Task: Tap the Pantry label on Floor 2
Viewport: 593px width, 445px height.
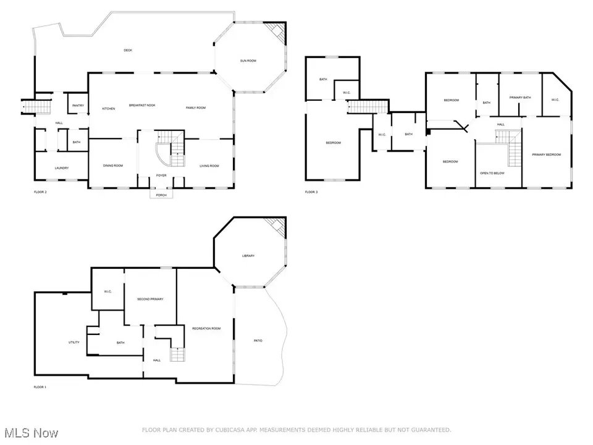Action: (x=78, y=106)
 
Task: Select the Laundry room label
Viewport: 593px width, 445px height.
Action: (x=61, y=167)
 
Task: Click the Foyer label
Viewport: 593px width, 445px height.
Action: (x=161, y=175)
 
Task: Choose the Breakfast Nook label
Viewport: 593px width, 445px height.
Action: (x=142, y=106)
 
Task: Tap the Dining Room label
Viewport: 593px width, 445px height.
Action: (x=113, y=165)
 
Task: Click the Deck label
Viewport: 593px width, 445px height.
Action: (x=128, y=50)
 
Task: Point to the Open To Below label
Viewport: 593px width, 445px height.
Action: (x=492, y=173)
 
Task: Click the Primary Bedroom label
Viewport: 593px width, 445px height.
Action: (x=546, y=155)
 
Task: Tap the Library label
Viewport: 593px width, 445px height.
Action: (x=248, y=256)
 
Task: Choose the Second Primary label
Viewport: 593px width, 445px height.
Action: (x=150, y=299)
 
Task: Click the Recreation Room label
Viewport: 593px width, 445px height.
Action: (x=206, y=328)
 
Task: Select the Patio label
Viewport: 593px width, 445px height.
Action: (x=258, y=340)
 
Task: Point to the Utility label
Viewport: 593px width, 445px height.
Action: (x=74, y=342)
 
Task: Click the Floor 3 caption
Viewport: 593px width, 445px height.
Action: (x=311, y=192)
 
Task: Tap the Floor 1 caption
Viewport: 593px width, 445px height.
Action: (x=40, y=387)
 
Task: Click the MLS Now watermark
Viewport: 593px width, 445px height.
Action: (x=21, y=430)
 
